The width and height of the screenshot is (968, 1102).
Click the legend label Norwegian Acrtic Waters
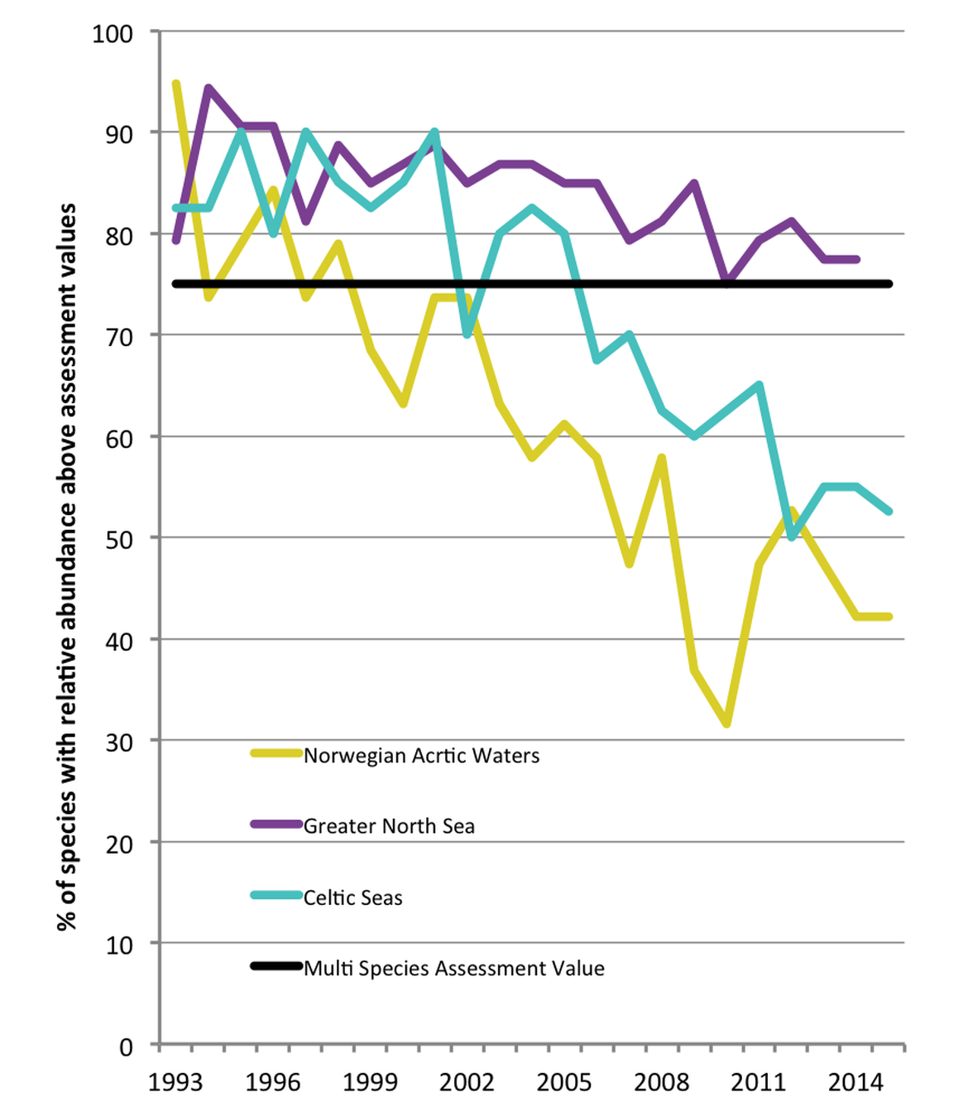[x=421, y=756]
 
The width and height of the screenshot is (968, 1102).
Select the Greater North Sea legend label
[x=389, y=826]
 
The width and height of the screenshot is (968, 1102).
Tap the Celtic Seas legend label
[x=352, y=897]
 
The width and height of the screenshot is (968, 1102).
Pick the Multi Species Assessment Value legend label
[x=453, y=969]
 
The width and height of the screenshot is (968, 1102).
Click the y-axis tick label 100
[x=113, y=34]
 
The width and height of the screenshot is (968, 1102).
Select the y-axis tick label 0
[x=126, y=1047]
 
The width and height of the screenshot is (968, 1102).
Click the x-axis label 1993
[x=175, y=1082]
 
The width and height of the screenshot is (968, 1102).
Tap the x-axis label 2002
[x=467, y=1082]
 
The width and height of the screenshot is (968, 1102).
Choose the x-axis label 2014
[x=856, y=1082]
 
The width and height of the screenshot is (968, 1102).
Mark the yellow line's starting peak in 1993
[x=176, y=84]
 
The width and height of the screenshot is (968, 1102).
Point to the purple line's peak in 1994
[x=208, y=87]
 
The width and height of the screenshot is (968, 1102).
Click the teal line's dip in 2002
[x=467, y=334]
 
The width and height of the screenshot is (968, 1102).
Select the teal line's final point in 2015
[x=889, y=512]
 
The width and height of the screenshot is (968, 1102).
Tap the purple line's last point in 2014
[x=856, y=259]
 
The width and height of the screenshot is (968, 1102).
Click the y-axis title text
[x=66, y=566]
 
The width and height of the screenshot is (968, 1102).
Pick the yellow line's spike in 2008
[x=662, y=458]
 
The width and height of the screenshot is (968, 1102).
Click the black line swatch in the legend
[x=276, y=965]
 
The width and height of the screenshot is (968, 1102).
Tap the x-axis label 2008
[x=662, y=1082]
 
